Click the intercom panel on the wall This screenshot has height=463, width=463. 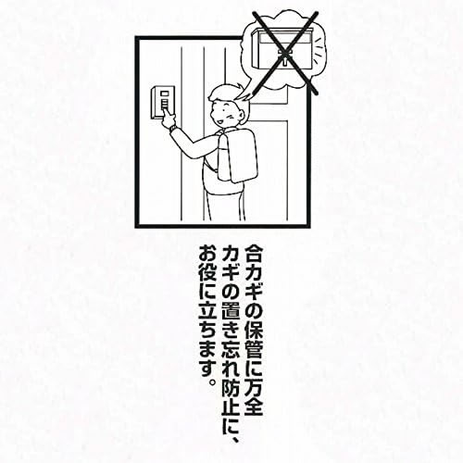163,103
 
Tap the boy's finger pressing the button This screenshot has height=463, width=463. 167,114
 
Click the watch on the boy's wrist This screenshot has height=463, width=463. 173,128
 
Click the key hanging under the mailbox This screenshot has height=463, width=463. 284,57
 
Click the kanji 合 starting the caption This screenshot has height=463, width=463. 254,254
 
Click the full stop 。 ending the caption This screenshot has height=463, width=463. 212,382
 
